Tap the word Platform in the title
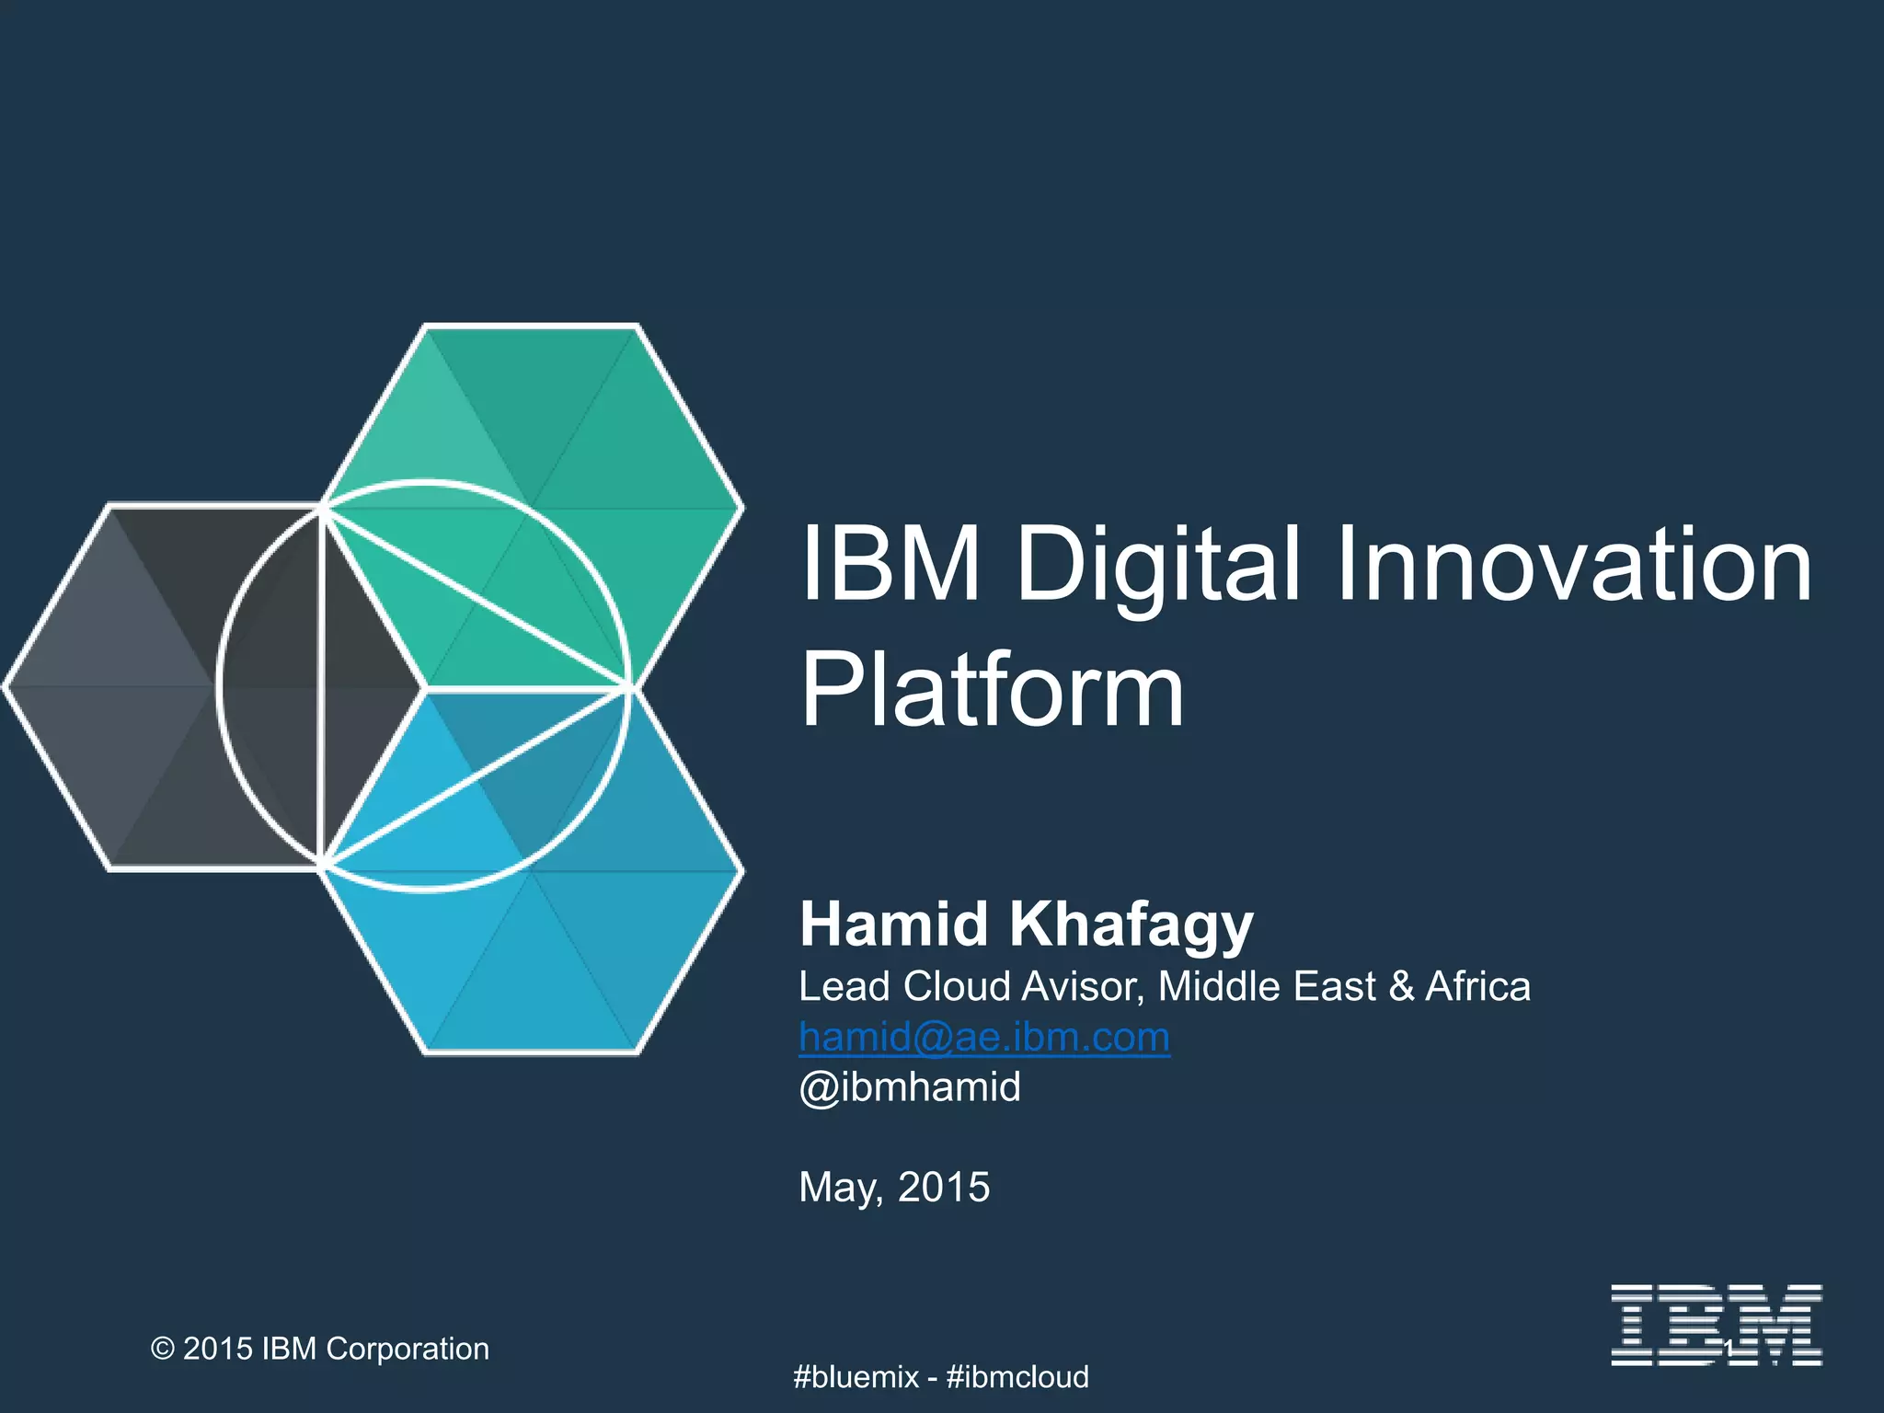tap(992, 690)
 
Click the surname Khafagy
tap(1132, 925)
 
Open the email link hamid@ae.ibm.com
tap(984, 1037)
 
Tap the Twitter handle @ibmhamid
tap(910, 1087)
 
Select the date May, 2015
tap(894, 1187)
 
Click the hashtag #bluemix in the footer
tap(856, 1377)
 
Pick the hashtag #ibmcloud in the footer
tap(1017, 1377)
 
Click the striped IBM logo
tap(1716, 1325)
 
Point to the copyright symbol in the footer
tap(163, 1349)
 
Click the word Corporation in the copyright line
tap(408, 1349)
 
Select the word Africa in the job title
tap(1477, 986)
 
